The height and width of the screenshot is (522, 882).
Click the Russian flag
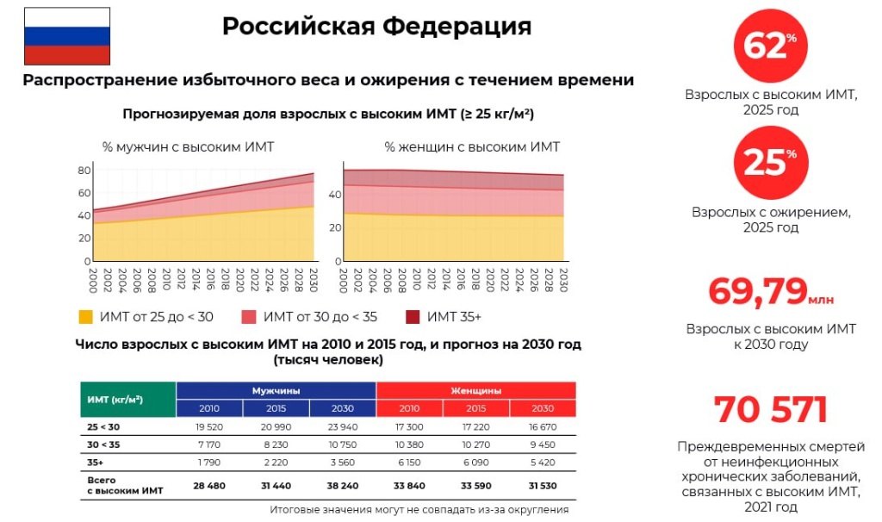point(67,36)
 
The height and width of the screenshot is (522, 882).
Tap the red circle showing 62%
point(771,46)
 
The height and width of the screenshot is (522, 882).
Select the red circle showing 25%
point(771,163)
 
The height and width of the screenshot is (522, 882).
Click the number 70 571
point(771,409)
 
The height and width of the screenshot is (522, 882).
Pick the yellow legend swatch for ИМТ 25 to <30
point(85,317)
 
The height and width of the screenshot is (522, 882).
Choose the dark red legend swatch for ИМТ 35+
point(413,317)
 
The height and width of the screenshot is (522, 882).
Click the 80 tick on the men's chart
point(84,170)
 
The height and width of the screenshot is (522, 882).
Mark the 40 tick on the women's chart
point(335,195)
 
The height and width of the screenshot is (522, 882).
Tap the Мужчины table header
point(276,390)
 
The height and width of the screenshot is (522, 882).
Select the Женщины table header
point(475,390)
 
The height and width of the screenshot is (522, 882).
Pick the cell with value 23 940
point(343,427)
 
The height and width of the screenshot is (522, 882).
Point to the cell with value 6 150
point(409,463)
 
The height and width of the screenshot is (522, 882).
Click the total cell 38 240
point(343,486)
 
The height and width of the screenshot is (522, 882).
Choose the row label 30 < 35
point(103,444)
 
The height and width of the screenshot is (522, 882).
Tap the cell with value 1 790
point(209,463)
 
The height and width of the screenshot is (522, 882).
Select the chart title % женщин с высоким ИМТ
point(472,147)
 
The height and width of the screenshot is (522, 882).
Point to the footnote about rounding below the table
point(419,510)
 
